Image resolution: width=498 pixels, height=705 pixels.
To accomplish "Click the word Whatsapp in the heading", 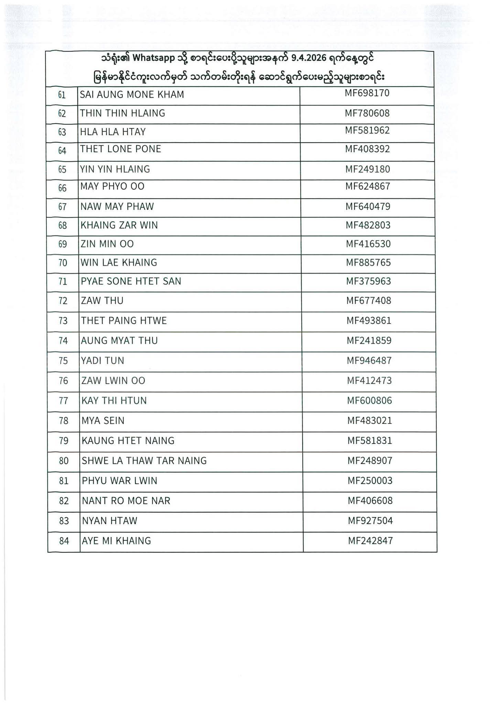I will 153,58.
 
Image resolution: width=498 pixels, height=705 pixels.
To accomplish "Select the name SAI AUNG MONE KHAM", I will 132,94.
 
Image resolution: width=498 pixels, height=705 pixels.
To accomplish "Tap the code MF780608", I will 367,113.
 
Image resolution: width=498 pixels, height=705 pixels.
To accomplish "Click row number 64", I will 62,151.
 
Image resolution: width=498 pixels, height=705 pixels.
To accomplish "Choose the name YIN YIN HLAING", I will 115,169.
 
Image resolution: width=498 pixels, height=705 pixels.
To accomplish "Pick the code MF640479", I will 368,207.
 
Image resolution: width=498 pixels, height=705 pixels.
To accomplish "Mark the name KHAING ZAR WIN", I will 119,225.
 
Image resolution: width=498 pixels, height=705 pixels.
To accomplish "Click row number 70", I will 63,263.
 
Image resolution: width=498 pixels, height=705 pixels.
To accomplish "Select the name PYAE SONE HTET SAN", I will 131,281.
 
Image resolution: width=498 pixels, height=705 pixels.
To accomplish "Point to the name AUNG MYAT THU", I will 119,340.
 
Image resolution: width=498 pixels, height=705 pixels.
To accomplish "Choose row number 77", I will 64,401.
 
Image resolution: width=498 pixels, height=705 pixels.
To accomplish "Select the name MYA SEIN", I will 103,421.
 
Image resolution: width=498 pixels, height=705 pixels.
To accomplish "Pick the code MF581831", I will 370,441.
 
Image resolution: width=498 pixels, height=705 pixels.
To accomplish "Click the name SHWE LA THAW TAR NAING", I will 144,461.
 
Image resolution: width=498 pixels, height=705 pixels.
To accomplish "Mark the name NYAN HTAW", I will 109,520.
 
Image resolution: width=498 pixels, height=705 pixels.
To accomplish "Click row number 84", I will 64,541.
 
